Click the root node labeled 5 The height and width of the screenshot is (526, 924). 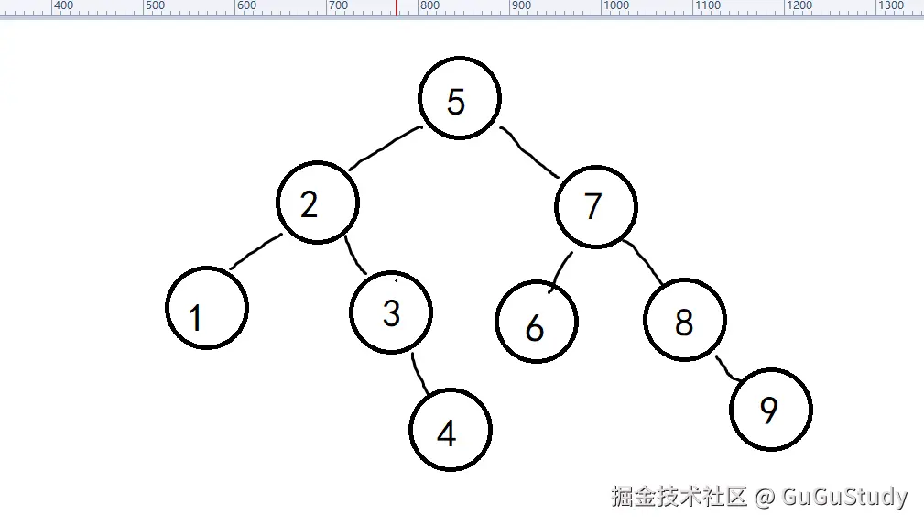[459, 99]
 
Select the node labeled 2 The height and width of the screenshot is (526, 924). [317, 203]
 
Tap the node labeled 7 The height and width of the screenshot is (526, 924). [595, 207]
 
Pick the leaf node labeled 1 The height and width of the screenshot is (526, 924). [207, 308]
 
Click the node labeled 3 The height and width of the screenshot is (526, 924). [391, 312]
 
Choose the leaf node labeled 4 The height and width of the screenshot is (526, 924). [450, 430]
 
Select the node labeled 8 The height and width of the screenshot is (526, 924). [685, 321]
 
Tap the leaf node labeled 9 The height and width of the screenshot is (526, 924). [771, 410]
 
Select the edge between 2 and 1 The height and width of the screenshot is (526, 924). [255, 251]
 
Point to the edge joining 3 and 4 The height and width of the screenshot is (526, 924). [419, 373]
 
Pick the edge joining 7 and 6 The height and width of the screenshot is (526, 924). [560, 271]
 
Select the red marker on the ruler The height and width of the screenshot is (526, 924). [396, 6]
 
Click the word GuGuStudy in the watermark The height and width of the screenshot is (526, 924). [843, 497]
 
